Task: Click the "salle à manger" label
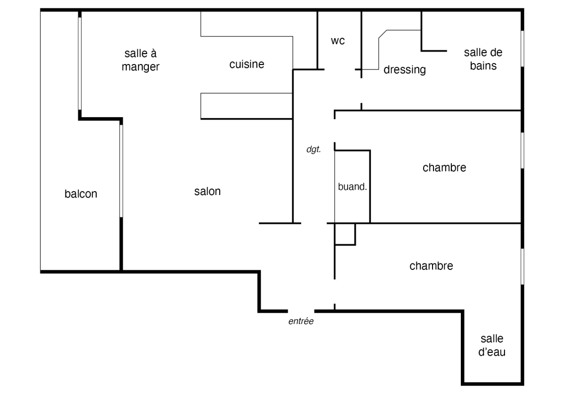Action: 141,60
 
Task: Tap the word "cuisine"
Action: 247,65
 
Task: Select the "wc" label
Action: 338,41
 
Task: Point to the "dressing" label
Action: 405,70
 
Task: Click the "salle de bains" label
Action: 480,59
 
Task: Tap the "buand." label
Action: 352,187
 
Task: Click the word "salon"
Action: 207,192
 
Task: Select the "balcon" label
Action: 81,194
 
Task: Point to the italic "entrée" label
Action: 301,322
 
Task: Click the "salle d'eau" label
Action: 492,346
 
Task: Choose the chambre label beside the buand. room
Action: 444,168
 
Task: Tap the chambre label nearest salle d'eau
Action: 431,266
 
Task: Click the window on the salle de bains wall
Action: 522,48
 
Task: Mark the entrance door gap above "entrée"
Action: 301,311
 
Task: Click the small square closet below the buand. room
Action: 345,234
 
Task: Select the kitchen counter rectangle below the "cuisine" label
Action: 246,106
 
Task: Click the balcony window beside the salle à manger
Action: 79,63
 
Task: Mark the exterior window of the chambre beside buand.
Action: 522,150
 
